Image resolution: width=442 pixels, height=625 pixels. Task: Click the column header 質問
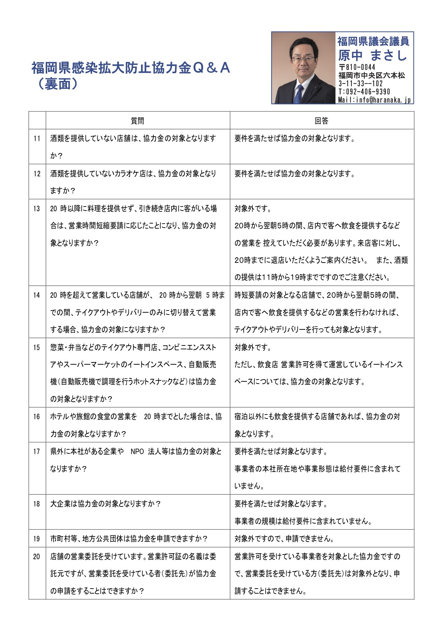[x=137, y=121]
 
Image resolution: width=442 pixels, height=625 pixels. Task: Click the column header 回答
[x=322, y=121]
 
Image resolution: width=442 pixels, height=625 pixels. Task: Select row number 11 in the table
[x=37, y=139]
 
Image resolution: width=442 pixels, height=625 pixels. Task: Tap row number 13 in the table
[x=37, y=209]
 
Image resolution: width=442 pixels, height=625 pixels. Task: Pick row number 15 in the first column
[x=37, y=348]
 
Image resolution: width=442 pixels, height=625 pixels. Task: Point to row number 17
[x=37, y=452]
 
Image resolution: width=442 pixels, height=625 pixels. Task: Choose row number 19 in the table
[x=37, y=538]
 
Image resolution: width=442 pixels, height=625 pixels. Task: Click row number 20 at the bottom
[x=37, y=556]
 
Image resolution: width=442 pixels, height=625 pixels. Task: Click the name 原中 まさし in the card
[x=373, y=56]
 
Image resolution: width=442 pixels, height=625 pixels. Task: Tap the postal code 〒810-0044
[x=357, y=67]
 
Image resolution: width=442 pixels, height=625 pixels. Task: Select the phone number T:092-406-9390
[x=364, y=92]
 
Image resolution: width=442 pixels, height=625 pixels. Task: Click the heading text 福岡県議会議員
[x=373, y=41]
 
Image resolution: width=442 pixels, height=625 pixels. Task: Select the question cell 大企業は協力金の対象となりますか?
[x=105, y=504]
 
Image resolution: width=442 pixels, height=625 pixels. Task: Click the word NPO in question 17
[x=137, y=452]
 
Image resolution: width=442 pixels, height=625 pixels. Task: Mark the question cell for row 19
[x=129, y=538]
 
